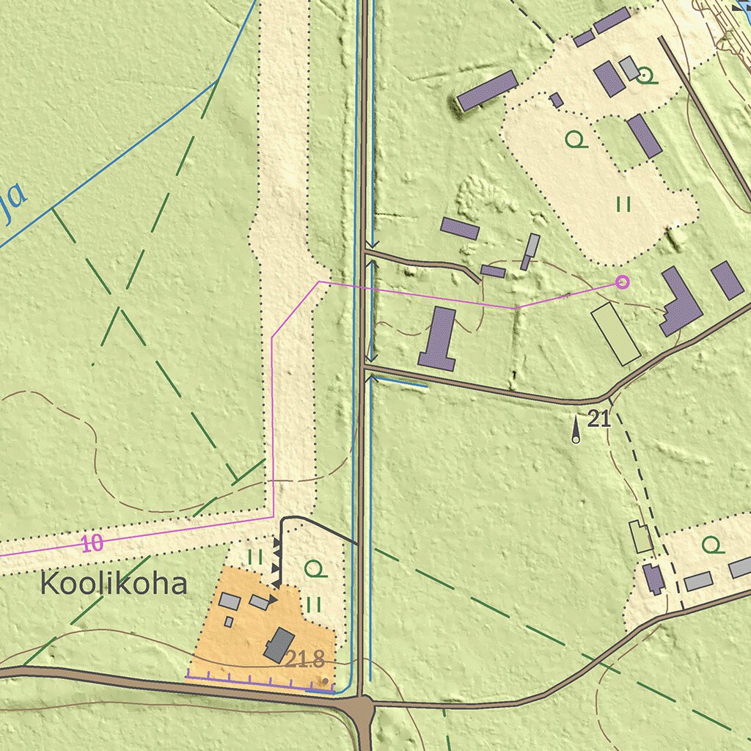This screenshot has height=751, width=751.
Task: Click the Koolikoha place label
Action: [114, 585]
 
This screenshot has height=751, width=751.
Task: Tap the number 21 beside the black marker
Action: [599, 420]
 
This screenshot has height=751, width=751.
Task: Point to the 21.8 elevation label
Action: [304, 660]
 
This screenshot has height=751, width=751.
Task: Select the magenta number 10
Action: [92, 543]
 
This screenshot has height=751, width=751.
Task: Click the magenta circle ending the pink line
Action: [623, 281]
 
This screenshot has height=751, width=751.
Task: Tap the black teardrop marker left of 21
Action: [576, 429]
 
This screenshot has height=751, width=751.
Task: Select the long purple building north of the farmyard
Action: [487, 90]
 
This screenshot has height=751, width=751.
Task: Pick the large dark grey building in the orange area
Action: [279, 645]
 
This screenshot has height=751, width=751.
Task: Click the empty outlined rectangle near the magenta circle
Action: [616, 334]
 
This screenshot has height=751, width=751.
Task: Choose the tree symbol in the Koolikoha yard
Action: [315, 568]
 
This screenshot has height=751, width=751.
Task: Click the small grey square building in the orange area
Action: [229, 622]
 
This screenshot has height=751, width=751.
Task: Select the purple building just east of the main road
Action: [438, 338]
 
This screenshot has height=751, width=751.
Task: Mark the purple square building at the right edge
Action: [727, 280]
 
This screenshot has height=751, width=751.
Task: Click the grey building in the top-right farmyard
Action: [629, 68]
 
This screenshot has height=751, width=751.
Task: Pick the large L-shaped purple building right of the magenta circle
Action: [679, 302]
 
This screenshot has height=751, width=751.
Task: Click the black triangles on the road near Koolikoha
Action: [276, 557]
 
